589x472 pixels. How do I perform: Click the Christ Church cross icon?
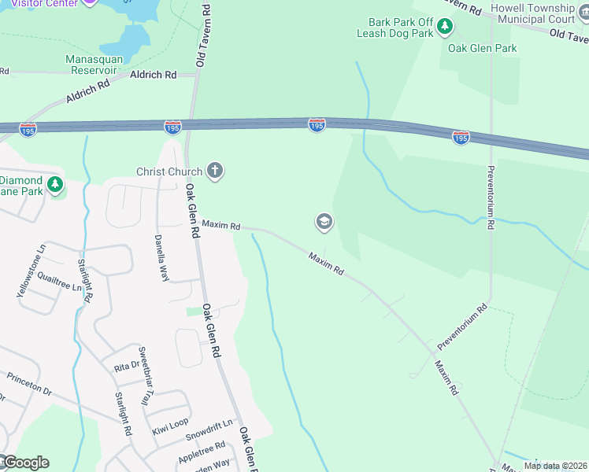coord(214,171)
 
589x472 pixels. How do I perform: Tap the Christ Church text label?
coord(169,171)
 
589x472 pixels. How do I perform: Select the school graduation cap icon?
coord(323,223)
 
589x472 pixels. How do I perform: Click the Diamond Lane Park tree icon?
coord(54,185)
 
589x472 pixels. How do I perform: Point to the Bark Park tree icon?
coord(445,28)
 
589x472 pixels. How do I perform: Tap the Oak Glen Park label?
coord(482,48)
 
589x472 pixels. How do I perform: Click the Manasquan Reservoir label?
coord(91,65)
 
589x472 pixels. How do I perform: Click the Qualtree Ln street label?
coord(59,283)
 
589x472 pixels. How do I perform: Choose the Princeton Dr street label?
coord(29,384)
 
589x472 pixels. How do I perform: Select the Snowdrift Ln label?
coord(209,430)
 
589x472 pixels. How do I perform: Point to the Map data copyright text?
coord(554,466)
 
